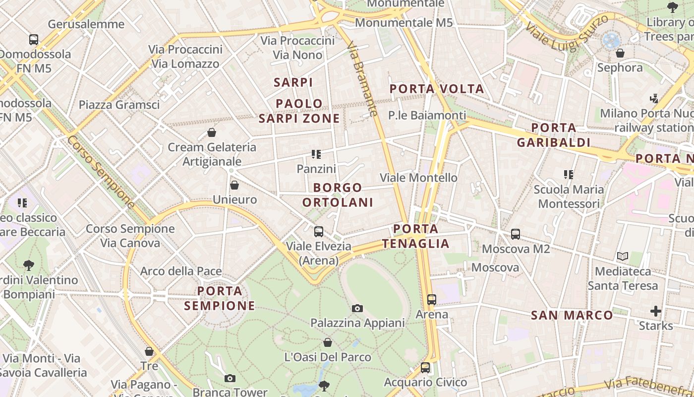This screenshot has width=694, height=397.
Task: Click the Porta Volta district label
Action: click(436, 89)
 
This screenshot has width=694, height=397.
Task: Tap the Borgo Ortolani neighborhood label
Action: click(338, 195)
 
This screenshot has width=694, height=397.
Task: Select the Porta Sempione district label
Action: click(220, 298)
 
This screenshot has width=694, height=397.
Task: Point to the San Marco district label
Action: click(572, 315)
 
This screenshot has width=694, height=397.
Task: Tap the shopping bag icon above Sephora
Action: click(620, 53)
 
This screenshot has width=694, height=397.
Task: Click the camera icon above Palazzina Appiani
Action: click(357, 309)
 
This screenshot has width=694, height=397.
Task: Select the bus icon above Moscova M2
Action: click(516, 234)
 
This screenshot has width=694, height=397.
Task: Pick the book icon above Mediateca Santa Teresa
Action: click(623, 257)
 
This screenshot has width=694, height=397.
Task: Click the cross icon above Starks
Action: click(656, 311)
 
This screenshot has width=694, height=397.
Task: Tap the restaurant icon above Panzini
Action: click(316, 154)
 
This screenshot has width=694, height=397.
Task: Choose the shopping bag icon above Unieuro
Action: click(234, 185)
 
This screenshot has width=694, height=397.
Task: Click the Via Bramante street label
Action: click(363, 79)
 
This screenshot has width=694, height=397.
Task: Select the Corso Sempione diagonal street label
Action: click(101, 172)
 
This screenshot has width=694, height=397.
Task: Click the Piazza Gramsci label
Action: click(119, 105)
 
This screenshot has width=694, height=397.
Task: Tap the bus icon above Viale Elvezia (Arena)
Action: click(319, 231)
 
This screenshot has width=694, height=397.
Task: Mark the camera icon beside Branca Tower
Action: click(230, 379)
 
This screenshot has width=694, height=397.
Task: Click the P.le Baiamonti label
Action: click(427, 116)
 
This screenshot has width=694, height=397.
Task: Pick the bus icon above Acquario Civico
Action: click(425, 368)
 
